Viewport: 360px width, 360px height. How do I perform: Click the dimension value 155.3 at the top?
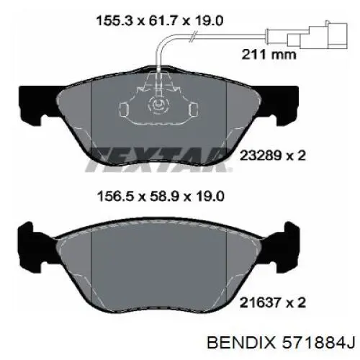coord(114,20)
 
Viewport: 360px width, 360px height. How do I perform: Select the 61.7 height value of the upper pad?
coord(161,20)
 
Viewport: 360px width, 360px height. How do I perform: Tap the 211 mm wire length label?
coord(269,55)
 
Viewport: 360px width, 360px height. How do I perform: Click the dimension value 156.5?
coord(114,197)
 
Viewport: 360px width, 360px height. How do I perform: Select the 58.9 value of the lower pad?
coord(161,197)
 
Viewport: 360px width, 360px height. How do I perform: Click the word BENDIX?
coord(241,342)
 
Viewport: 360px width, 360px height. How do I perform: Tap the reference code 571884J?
coord(318,342)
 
